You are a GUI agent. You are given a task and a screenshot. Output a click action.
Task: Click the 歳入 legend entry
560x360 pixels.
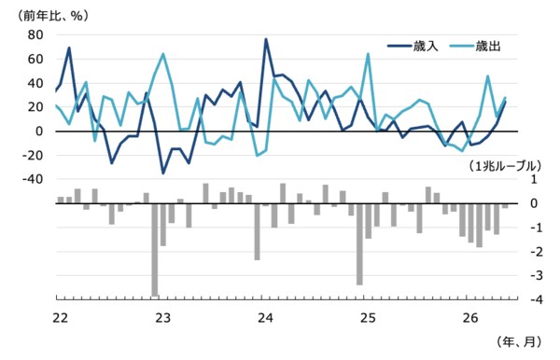(413, 46)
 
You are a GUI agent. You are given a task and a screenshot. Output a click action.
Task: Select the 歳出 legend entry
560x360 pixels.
(475, 46)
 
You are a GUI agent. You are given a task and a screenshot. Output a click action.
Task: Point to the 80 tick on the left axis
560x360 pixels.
(35, 35)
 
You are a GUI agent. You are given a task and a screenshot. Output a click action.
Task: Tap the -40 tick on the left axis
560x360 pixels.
(33, 179)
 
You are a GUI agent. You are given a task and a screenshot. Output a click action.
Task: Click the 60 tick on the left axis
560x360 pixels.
(35, 59)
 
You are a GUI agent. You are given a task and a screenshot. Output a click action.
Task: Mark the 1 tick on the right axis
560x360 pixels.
(534, 179)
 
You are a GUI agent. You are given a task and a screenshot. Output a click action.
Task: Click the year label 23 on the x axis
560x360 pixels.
(162, 317)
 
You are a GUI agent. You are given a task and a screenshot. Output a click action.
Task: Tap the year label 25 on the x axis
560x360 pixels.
(368, 317)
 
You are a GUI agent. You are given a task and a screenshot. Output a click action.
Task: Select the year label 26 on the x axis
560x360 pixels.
(470, 317)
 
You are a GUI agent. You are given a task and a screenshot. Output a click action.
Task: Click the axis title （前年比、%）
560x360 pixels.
(52, 16)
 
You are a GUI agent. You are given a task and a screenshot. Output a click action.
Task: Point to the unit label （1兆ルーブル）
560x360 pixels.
(505, 166)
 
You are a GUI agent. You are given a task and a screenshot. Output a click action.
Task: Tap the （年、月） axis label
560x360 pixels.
(519, 341)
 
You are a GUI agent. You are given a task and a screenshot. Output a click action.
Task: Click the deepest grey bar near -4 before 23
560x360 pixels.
(155, 250)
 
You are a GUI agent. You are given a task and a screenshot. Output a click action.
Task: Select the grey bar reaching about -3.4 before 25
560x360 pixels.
(359, 244)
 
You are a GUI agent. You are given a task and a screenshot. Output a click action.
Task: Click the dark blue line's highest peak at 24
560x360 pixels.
(266, 39)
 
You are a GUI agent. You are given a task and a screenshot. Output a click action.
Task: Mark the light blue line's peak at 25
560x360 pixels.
(368, 54)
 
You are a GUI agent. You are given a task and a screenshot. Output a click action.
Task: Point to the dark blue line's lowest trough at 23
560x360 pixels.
(163, 173)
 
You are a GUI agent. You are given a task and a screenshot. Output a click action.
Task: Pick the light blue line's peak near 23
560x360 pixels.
(163, 54)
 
